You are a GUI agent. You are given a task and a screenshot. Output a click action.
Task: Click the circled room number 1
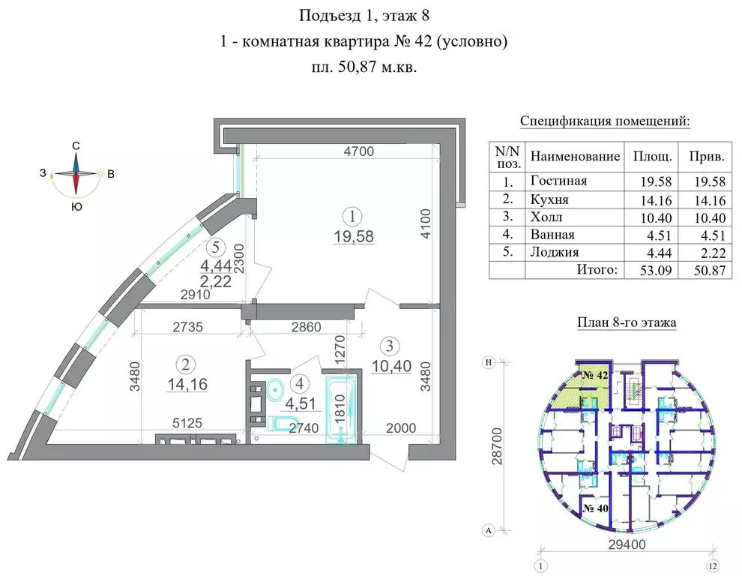(x=352, y=216)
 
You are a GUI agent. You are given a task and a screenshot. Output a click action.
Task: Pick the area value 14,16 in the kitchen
(x=185, y=385)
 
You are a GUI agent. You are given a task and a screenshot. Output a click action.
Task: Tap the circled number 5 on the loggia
(x=216, y=245)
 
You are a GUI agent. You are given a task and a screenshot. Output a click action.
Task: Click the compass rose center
(x=76, y=174)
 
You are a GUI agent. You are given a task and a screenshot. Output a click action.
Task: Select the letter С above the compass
(x=76, y=145)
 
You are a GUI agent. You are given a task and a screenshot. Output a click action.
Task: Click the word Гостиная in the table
(x=558, y=181)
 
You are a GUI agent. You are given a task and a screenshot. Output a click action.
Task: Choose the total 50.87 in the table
(x=708, y=271)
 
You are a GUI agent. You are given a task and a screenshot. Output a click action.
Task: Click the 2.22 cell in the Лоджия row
(x=708, y=253)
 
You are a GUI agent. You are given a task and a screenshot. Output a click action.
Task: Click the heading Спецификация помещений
(x=604, y=122)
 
